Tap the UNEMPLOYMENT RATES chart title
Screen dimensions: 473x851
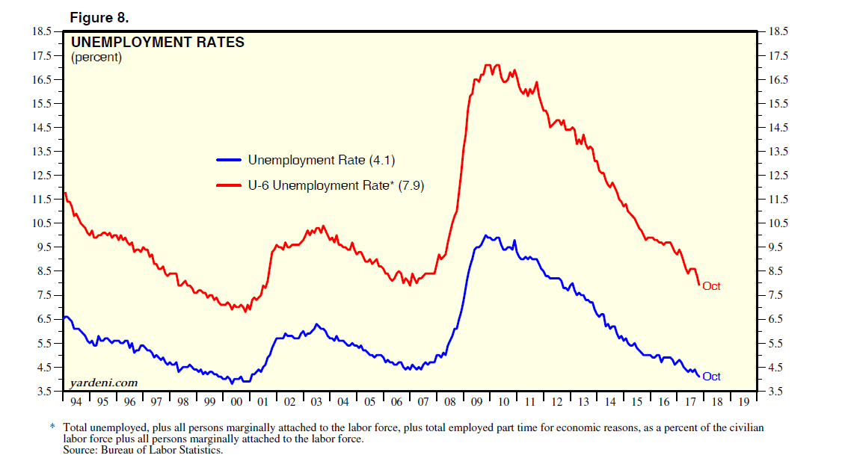pos(157,43)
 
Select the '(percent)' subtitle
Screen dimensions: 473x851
pos(96,57)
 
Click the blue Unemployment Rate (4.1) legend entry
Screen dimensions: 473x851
pos(307,160)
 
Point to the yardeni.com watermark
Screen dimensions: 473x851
pos(103,383)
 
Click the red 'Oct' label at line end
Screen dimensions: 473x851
pos(711,286)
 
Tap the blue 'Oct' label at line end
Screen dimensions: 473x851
pos(711,377)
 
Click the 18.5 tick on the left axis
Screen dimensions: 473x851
pos(43,31)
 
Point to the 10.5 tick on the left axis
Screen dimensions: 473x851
pos(43,223)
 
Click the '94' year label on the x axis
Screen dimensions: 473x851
pos(76,402)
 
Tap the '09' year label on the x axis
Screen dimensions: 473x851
pos(476,402)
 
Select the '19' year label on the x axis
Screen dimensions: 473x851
pos(743,402)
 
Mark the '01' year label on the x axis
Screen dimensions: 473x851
pos(262,402)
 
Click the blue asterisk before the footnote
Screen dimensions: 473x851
pos(52,427)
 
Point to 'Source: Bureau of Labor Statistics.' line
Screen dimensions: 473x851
pos(144,450)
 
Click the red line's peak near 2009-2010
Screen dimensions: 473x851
pos(487,65)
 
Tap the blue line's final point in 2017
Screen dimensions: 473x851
pos(699,376)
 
